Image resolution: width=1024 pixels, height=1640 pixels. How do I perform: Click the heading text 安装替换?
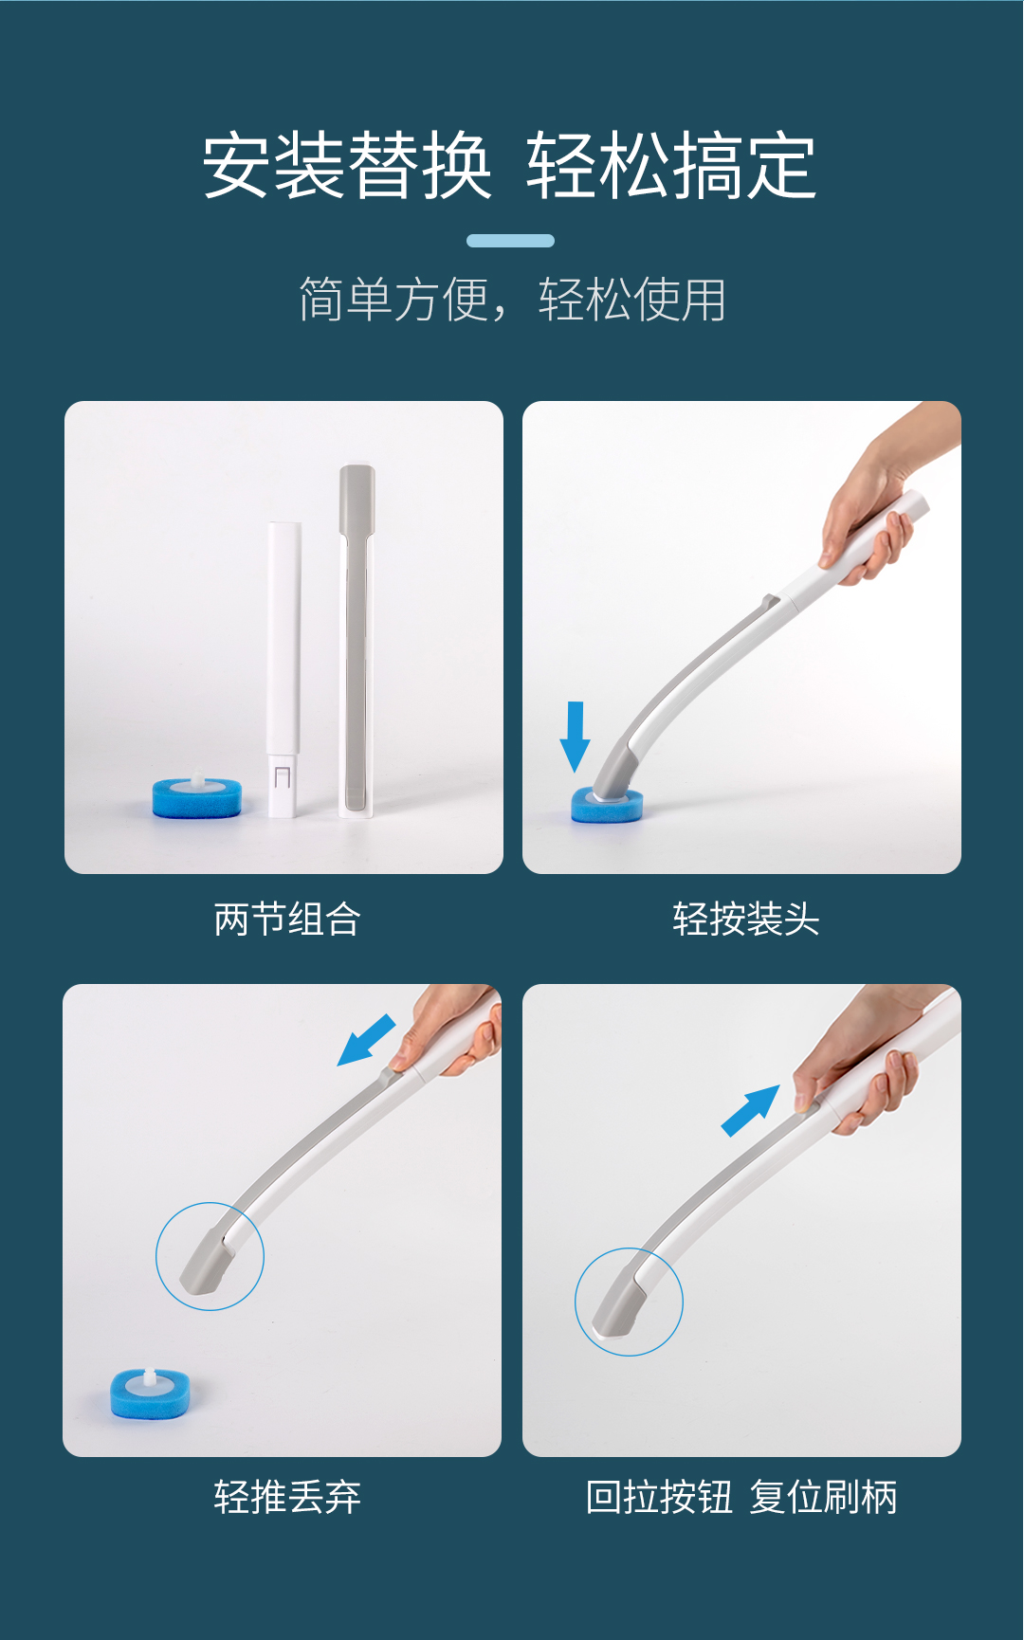pyautogui.click(x=347, y=166)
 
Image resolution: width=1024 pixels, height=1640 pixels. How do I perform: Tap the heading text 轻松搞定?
pyautogui.click(x=672, y=166)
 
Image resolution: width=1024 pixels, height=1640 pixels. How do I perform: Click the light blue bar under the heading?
pyautogui.click(x=510, y=241)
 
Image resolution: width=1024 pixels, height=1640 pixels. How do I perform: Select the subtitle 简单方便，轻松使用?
pyautogui.click(x=512, y=300)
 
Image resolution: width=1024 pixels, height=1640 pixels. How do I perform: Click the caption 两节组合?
pyautogui.click(x=287, y=919)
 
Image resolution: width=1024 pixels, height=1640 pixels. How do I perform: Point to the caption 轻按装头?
pyautogui.click(x=746, y=919)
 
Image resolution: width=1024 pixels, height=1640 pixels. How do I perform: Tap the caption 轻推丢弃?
pyautogui.click(x=287, y=1497)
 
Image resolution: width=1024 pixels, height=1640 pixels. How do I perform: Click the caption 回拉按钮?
pyautogui.click(x=659, y=1497)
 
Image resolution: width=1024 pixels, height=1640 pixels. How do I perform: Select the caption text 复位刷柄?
pyautogui.click(x=823, y=1497)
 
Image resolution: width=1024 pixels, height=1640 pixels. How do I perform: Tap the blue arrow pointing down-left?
pyautogui.click(x=366, y=1040)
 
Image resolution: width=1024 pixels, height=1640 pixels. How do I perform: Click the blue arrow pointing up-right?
pyautogui.click(x=751, y=1111)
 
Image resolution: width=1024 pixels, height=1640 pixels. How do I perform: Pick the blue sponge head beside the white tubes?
pyautogui.click(x=197, y=796)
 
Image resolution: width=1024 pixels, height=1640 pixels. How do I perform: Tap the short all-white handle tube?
pyautogui.click(x=284, y=668)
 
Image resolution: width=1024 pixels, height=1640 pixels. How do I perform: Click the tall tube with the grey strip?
pyautogui.click(x=357, y=640)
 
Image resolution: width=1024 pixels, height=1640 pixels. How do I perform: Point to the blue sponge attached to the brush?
pyautogui.click(x=607, y=807)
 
